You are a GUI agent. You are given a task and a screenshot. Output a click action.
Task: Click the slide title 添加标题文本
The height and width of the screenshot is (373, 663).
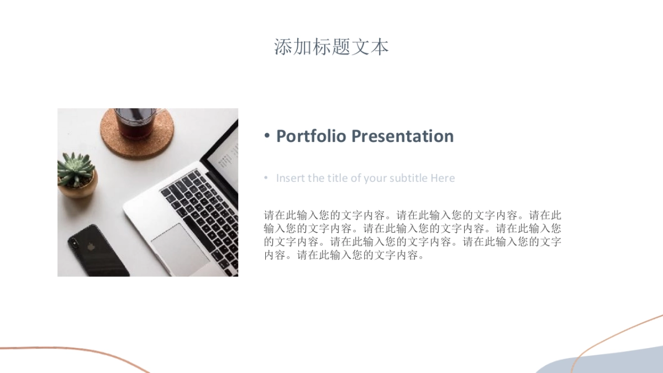click(x=331, y=47)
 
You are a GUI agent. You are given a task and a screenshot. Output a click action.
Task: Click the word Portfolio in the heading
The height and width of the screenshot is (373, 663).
click(x=311, y=136)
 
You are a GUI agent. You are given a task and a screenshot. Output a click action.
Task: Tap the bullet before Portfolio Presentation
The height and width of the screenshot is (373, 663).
click(x=267, y=136)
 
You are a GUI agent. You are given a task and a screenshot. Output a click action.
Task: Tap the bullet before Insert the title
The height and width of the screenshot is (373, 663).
click(x=265, y=177)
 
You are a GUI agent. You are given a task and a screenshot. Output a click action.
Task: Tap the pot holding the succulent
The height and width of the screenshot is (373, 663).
click(x=80, y=188)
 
